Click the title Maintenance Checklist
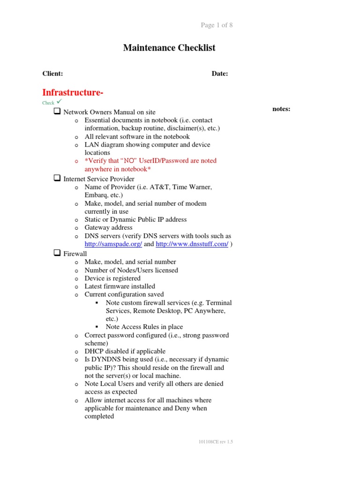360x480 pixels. click(169, 48)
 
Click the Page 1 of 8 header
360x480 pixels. click(217, 25)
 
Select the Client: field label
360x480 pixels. click(52, 74)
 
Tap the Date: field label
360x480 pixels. click(219, 74)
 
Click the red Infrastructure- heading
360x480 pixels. click(73, 92)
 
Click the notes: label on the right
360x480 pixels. click(281, 109)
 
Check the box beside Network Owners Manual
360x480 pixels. click(57, 112)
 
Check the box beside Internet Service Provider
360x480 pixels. click(57, 179)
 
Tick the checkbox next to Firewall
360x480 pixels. click(57, 253)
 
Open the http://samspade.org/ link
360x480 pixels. click(113, 244)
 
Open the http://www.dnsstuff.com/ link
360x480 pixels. click(192, 244)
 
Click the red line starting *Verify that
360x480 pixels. click(150, 161)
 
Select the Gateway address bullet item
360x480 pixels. click(108, 228)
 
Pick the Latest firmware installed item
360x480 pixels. click(120, 286)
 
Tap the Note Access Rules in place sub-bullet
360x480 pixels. click(144, 327)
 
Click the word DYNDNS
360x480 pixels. click(105, 360)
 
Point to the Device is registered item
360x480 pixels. click(112, 278)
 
